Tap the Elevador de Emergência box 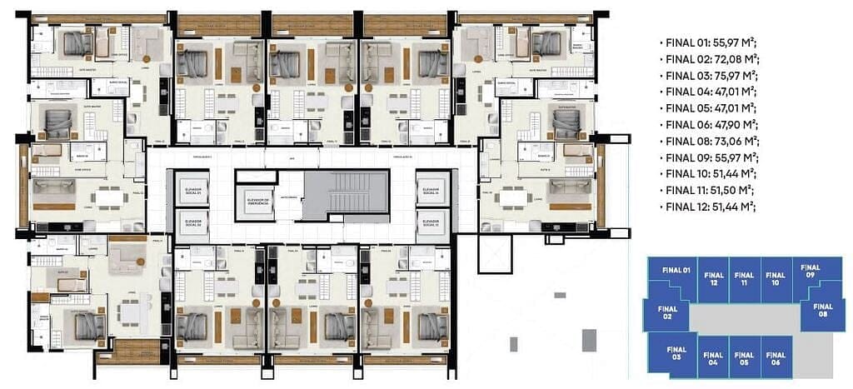click(256, 202)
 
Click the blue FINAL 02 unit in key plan click(667, 313)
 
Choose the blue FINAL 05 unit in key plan click(744, 358)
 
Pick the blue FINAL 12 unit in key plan click(712, 281)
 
